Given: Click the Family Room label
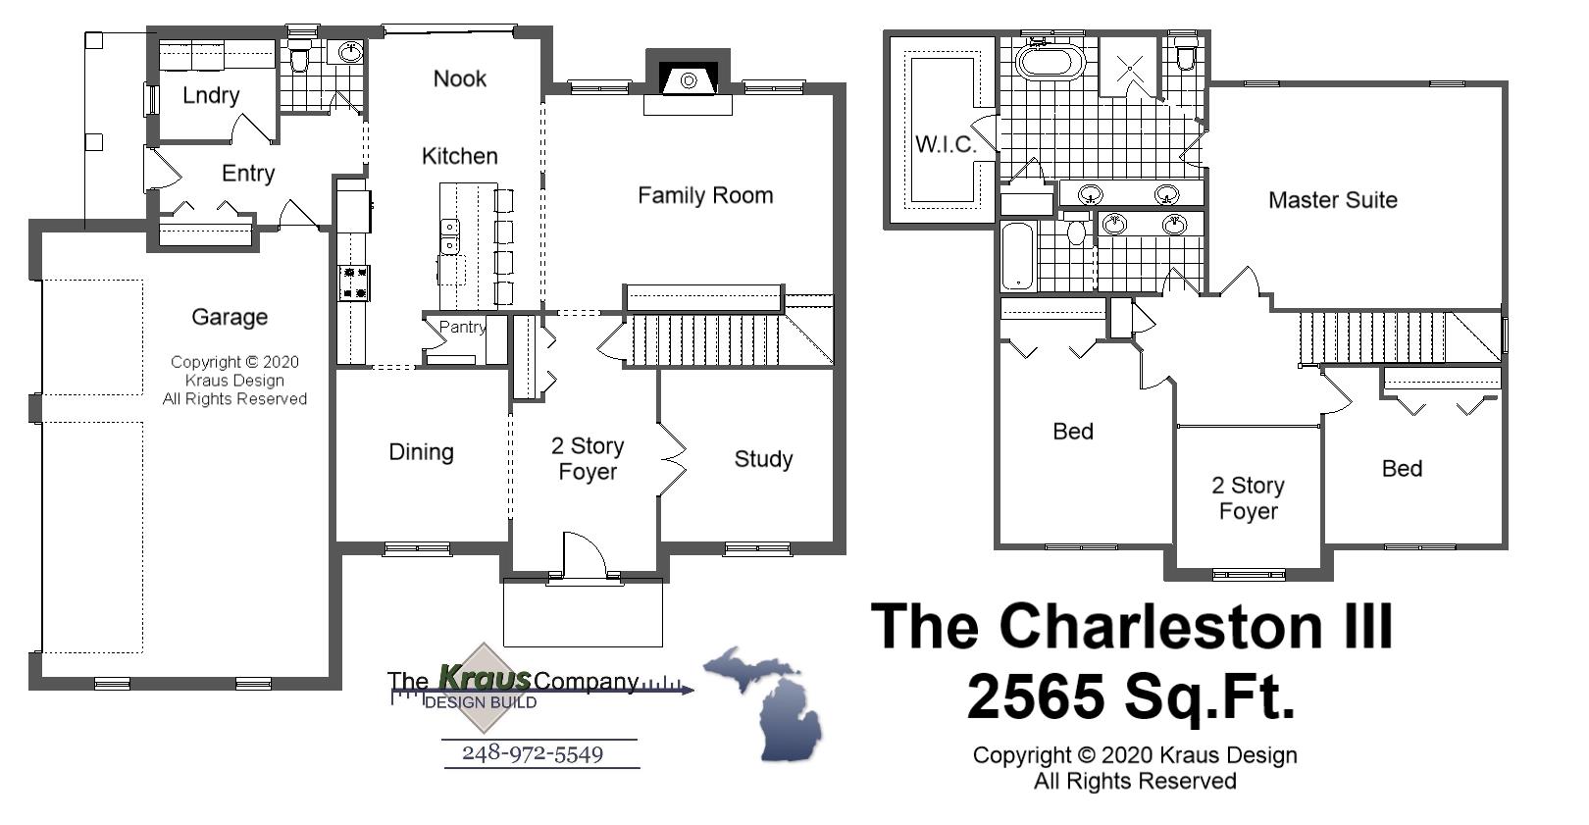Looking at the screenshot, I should (704, 195).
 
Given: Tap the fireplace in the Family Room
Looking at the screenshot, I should (688, 79).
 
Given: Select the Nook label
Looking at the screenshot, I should (459, 78).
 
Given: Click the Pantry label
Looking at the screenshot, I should (461, 327).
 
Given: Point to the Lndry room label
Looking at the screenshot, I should (211, 95).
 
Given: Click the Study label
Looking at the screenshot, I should (763, 459).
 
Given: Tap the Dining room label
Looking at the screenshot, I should (421, 452).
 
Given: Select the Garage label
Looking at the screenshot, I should (230, 317).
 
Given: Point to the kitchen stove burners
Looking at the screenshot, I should (353, 283).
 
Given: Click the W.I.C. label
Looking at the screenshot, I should (946, 144).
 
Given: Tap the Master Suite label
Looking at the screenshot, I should (1332, 200).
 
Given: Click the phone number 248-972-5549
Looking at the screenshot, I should (533, 753).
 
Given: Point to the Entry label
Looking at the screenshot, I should (247, 174).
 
